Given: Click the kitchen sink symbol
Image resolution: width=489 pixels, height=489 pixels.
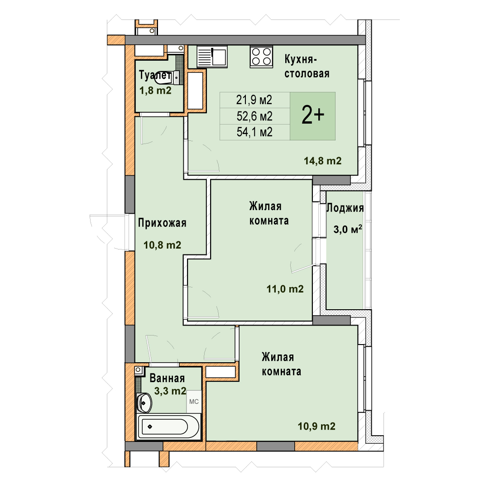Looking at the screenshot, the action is click(x=212, y=57).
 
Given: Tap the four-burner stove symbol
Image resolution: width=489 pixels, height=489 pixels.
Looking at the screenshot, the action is click(x=261, y=57).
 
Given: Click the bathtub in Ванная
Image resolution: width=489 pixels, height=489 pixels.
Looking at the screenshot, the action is click(x=168, y=427).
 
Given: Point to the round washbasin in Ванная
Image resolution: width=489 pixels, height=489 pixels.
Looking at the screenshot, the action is click(x=144, y=403).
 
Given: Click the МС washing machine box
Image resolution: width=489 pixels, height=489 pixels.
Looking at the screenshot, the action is click(x=194, y=402).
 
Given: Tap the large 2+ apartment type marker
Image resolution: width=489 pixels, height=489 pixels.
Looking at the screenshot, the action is click(x=313, y=115).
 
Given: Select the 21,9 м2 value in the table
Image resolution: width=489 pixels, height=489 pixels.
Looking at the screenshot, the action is click(x=254, y=100).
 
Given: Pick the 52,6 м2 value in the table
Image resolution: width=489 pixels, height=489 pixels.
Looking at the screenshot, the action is click(x=254, y=116).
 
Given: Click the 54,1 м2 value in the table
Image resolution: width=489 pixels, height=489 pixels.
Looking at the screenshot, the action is click(x=254, y=132).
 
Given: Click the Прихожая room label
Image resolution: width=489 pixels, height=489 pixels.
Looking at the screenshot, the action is click(x=162, y=223).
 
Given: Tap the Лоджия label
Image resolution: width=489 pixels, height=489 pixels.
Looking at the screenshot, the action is click(x=345, y=208).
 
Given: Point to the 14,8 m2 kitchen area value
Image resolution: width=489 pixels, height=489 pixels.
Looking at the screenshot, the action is click(x=323, y=161).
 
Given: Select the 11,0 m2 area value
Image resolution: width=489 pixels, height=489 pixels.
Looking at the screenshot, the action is click(x=285, y=289).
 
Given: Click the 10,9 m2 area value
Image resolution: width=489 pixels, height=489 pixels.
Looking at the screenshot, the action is click(x=316, y=427).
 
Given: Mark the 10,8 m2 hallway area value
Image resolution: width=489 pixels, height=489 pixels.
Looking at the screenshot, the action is click(x=162, y=245).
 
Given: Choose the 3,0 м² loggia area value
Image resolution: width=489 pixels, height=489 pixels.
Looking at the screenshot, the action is click(x=348, y=229).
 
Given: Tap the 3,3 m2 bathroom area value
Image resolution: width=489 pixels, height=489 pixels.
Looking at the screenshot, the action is click(x=170, y=391).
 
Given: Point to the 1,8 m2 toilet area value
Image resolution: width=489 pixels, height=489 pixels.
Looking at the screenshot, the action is click(x=155, y=91).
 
